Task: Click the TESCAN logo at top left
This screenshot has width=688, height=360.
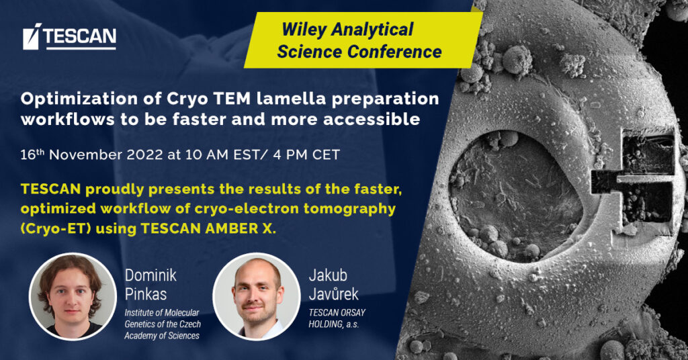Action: coord(69,36)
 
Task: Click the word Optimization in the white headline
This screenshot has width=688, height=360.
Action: coord(77,99)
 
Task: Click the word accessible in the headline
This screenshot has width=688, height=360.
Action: coord(372,119)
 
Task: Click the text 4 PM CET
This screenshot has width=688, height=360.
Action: coord(306,154)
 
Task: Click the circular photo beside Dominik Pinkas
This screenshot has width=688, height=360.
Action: coord(73,296)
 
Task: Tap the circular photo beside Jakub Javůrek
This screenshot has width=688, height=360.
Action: coord(257,296)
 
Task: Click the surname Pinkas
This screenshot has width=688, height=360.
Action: coord(146,294)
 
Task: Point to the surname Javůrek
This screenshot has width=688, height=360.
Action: coord(333,294)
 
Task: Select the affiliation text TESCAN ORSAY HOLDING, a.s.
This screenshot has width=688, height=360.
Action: coord(337,318)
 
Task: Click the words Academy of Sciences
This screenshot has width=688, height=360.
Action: coord(162,335)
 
